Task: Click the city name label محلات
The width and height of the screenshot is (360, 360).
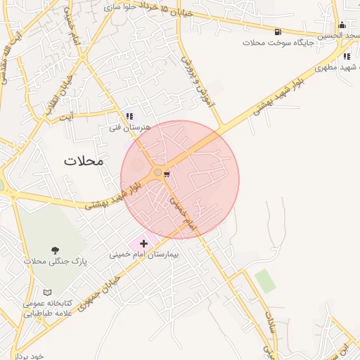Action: [x=84, y=160]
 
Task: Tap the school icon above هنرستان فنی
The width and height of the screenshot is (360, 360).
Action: [x=129, y=116]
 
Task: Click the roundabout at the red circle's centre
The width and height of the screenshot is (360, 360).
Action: [x=157, y=172]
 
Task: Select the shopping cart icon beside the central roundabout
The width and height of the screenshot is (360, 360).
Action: [x=167, y=174]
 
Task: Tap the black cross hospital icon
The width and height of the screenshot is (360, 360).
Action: [x=144, y=243]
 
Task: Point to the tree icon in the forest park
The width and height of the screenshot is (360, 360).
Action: [x=55, y=250]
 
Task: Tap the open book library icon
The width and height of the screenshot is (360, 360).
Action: [x=48, y=292]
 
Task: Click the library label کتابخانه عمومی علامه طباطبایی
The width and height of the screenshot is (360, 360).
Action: [x=48, y=308]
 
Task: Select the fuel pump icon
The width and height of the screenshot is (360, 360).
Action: [x=278, y=32]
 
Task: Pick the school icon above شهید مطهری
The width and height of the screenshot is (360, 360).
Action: [x=346, y=56]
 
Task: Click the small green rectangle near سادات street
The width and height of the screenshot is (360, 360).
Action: [x=265, y=281]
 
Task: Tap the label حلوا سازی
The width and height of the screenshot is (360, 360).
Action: [x=120, y=7]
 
